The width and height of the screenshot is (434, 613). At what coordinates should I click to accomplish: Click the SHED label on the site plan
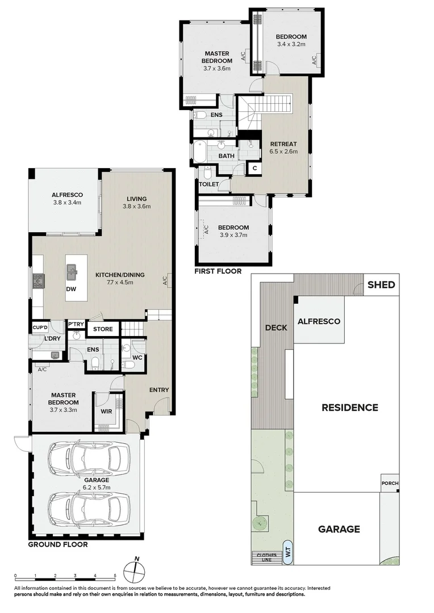pyautogui.click(x=381, y=285)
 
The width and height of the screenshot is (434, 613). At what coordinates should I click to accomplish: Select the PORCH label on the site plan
pyautogui.click(x=390, y=484)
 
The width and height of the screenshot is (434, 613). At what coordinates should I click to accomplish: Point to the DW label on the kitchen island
pyautogui.click(x=71, y=289)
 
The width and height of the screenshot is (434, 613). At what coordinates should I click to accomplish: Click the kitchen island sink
pyautogui.click(x=72, y=273)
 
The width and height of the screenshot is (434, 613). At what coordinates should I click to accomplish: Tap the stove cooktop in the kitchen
pyautogui.click(x=39, y=280)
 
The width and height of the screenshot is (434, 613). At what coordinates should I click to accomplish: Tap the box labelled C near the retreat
pyautogui.click(x=254, y=168)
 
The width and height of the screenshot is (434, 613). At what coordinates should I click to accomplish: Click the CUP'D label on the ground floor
pyautogui.click(x=40, y=328)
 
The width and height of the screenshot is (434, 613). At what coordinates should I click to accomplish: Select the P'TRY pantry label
pyautogui.click(x=76, y=325)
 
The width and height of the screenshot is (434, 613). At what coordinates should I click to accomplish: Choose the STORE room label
pyautogui.click(x=103, y=329)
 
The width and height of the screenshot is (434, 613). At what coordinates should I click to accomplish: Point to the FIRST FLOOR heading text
pyautogui.click(x=218, y=271)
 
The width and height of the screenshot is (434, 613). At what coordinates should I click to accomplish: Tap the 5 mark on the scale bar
pyautogui.click(x=115, y=575)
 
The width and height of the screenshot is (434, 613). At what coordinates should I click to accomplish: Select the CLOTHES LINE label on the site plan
pyautogui.click(x=266, y=557)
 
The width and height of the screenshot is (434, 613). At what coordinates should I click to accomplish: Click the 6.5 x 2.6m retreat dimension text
pyautogui.click(x=283, y=152)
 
